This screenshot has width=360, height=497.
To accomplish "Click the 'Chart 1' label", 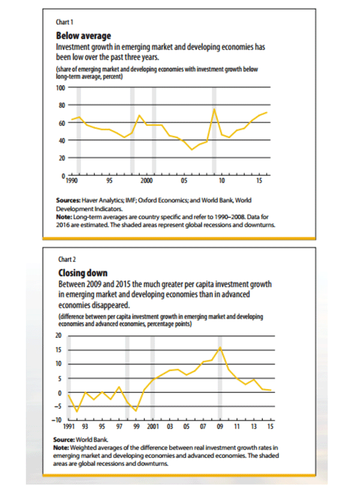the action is pos(64,22).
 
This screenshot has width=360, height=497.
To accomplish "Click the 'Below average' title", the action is pos(83,35).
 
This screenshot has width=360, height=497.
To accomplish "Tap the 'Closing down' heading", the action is pos(83,273).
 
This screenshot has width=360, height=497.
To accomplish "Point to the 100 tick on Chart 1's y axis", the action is pos(61,88).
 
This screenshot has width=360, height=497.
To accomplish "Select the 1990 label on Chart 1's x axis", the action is pos(71,181).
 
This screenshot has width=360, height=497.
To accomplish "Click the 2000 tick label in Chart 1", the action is pos(146,181).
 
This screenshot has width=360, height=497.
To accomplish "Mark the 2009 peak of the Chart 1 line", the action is pos(214,109).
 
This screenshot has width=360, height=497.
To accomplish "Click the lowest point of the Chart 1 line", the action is pos(192,149).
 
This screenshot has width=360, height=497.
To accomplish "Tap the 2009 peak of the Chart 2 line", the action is pos(220,348).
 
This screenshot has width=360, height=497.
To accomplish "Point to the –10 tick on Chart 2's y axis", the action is pos(57,420).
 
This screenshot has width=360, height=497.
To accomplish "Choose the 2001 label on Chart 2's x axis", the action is pos(153,427).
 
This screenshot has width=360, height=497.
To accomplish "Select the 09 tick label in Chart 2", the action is pos(220,427).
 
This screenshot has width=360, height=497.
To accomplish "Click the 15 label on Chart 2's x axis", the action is pos(270,427).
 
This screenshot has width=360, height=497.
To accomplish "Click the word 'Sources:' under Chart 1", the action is pos(68,200).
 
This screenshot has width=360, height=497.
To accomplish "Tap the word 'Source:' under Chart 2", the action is pos(64,439).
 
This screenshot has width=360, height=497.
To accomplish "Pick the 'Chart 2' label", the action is pos(67,259).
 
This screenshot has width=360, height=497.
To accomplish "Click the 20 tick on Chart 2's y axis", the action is pos(58,336).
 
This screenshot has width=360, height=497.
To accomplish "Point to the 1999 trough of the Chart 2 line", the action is pos(136,411).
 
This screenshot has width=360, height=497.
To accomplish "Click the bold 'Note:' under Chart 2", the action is pos(61,448).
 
